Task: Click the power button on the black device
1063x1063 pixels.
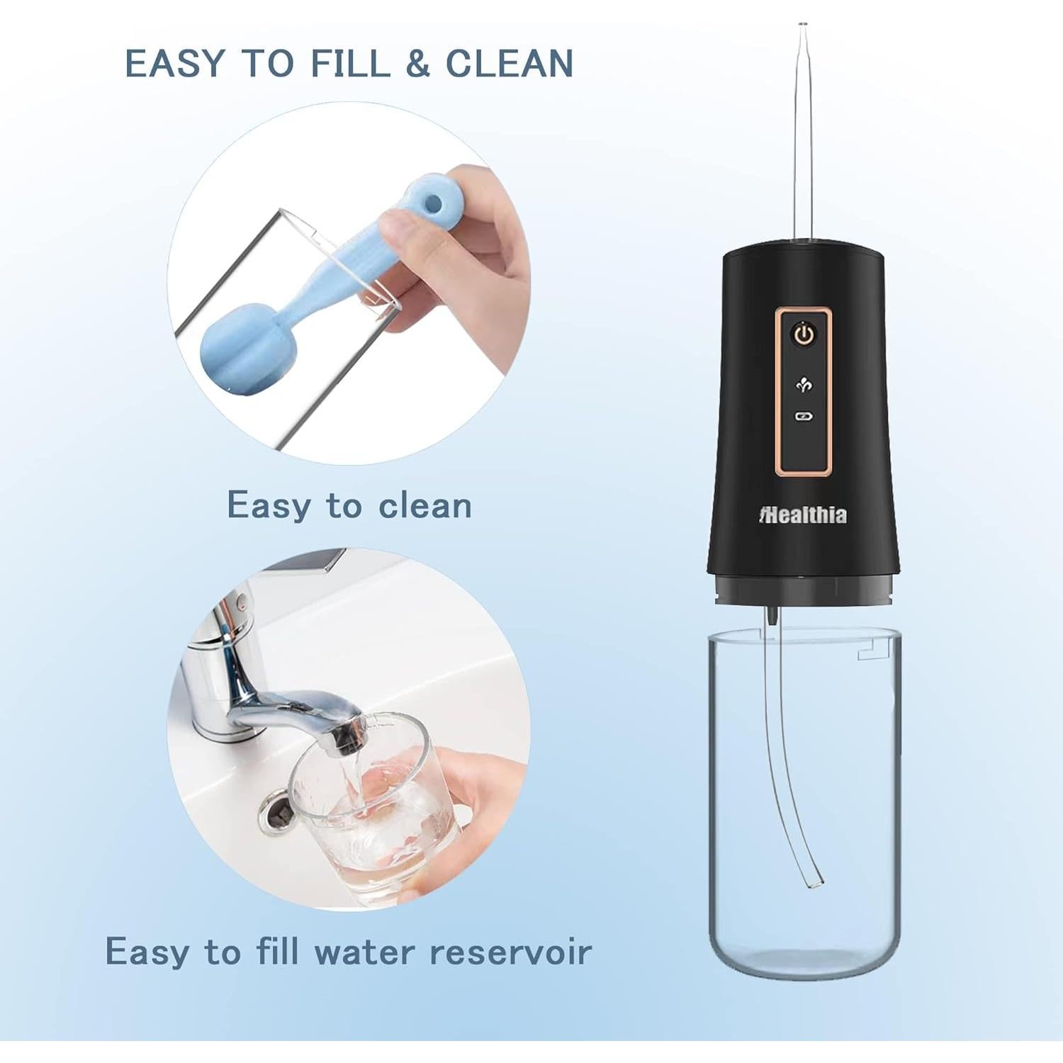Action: click(x=804, y=334)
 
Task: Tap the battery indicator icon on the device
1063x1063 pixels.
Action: click(x=804, y=417)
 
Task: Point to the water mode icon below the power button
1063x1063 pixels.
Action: click(x=804, y=385)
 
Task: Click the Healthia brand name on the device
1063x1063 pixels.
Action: click(x=803, y=514)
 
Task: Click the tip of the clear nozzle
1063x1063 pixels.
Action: click(x=802, y=28)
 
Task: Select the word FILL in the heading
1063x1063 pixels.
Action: click(x=351, y=64)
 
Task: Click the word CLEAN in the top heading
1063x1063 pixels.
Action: click(x=509, y=64)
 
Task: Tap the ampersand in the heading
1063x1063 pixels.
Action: click(x=418, y=64)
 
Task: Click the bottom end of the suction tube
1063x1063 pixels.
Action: click(x=813, y=882)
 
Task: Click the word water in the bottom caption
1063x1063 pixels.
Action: click(x=364, y=951)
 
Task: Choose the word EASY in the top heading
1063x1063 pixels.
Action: click(x=174, y=64)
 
